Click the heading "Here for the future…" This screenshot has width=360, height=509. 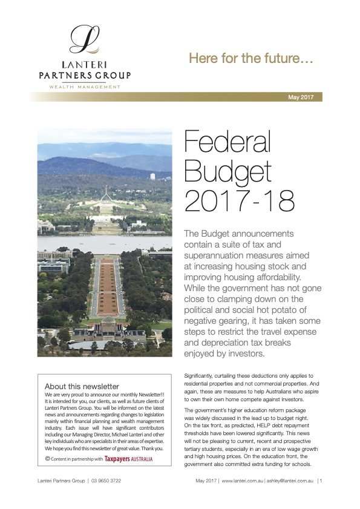tap(250, 59)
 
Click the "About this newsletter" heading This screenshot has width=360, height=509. tap(82, 386)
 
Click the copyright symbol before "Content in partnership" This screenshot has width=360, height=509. tap(48, 459)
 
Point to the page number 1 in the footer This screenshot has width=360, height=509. tap(320, 481)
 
